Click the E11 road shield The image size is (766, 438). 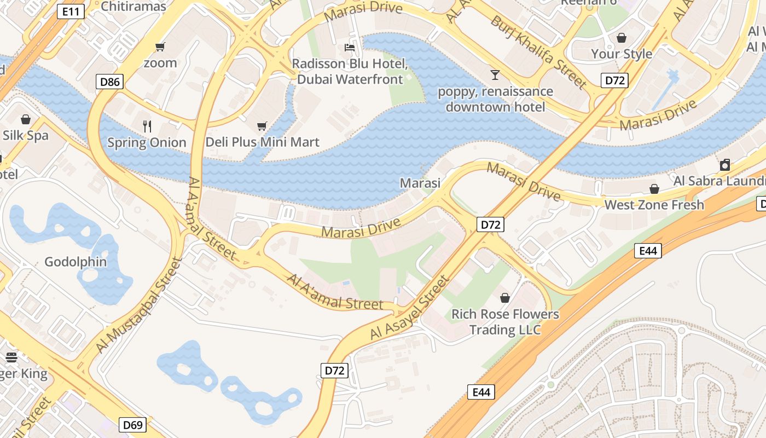point(71,11)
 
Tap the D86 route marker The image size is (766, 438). point(110,82)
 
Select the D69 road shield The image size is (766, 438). point(133,425)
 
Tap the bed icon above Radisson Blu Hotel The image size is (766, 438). point(350,48)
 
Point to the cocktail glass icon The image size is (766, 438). point(495,74)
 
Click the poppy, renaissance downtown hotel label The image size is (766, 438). point(495,99)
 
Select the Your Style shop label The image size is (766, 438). point(622,54)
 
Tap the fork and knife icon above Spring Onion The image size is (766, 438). point(147,126)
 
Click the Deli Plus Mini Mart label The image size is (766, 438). point(262,142)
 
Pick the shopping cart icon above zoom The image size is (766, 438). point(160,47)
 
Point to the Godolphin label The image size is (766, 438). point(76,262)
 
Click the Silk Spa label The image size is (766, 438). point(26,135)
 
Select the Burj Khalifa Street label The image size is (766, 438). point(538,51)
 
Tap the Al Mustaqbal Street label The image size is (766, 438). point(138,305)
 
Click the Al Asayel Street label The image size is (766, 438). point(409,307)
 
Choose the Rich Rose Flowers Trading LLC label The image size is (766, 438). point(505,322)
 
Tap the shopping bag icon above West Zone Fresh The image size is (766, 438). point(654,189)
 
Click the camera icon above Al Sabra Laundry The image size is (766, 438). point(725,165)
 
